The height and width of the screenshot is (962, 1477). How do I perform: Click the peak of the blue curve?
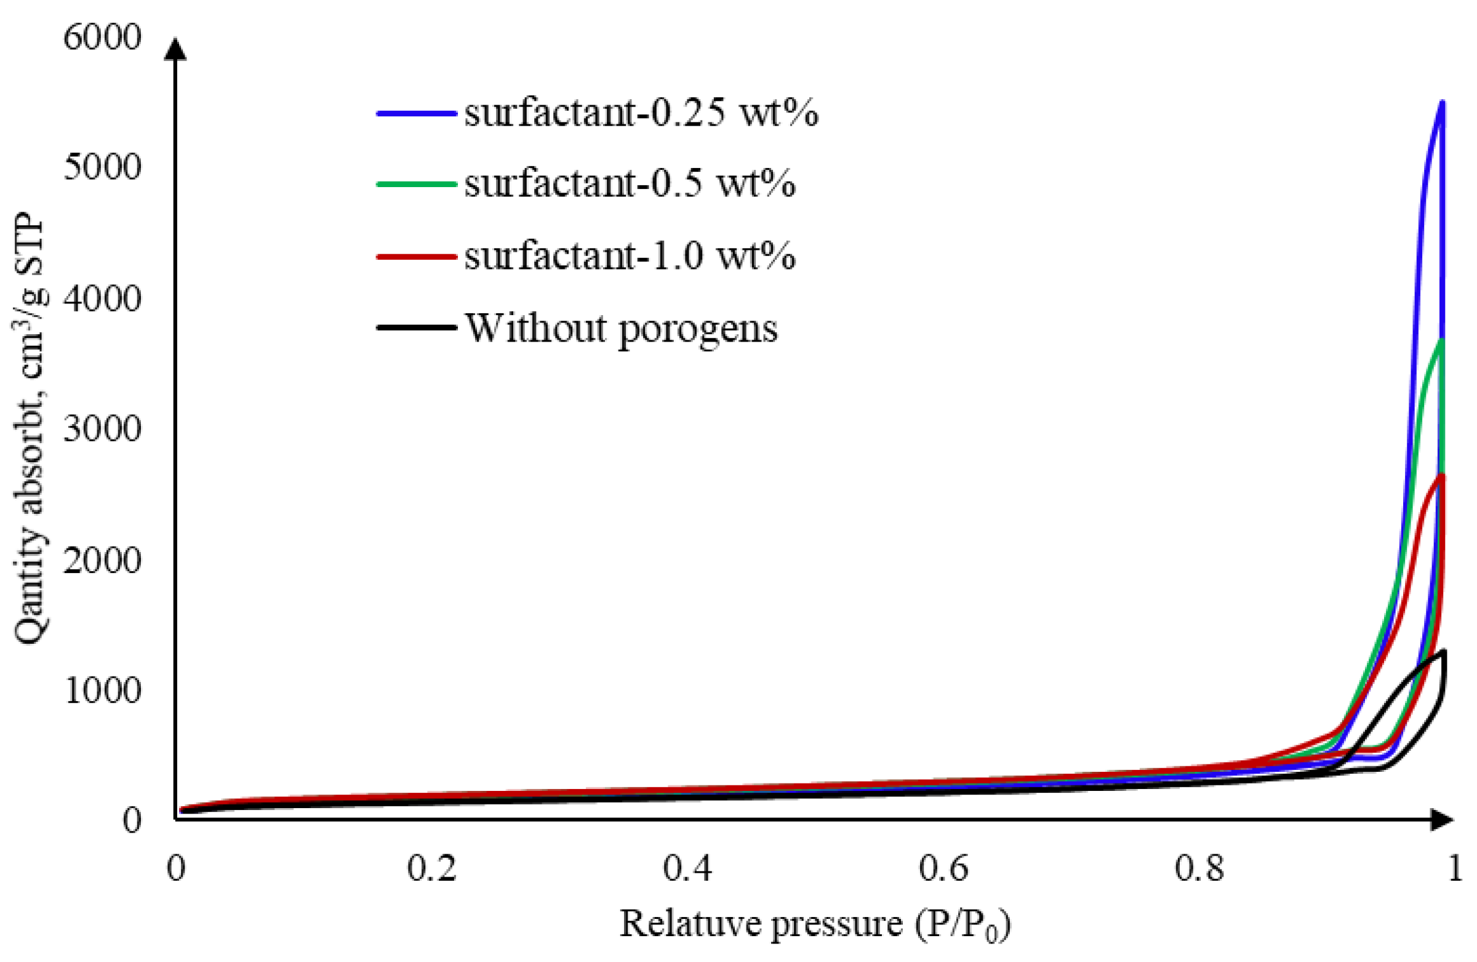click(1443, 102)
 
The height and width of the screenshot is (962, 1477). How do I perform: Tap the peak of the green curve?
click(1443, 341)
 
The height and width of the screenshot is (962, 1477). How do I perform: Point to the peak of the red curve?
click(1442, 476)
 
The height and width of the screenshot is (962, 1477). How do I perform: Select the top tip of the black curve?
click(1444, 651)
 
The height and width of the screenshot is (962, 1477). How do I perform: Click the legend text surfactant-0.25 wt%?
click(641, 114)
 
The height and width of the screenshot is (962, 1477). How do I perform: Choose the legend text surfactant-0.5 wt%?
click(630, 183)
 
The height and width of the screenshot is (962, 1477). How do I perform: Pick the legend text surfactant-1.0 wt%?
click(630, 255)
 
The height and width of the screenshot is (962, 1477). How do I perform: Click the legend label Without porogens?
click(621, 328)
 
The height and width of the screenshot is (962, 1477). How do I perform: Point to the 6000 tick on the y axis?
click(102, 38)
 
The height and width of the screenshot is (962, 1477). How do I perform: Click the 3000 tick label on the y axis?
click(102, 429)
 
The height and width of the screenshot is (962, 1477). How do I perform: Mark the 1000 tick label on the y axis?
click(102, 689)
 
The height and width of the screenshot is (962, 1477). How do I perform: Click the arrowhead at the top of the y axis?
click(176, 50)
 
